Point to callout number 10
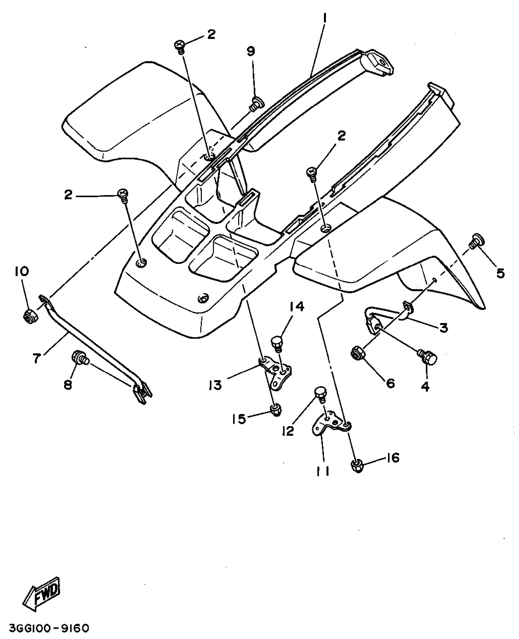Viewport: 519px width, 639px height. [21, 271]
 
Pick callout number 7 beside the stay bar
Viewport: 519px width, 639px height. [37, 358]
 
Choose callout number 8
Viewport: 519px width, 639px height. [67, 385]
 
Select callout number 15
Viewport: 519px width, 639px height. [239, 419]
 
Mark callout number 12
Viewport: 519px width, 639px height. [288, 431]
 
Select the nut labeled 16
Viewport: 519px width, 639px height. [357, 466]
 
